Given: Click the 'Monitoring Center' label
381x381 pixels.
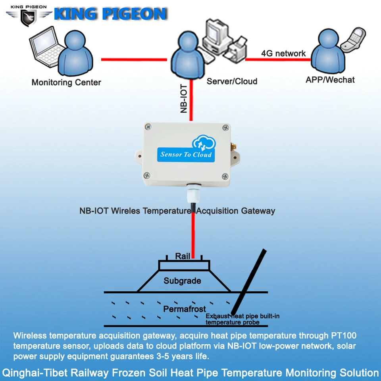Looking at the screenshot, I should point(66,83).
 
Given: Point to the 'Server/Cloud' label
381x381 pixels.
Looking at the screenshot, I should point(232,81).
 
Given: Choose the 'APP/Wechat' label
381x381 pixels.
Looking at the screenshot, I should point(330,80).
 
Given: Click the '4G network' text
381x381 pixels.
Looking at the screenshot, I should point(283,53).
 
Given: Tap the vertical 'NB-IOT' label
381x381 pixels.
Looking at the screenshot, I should point(184,99).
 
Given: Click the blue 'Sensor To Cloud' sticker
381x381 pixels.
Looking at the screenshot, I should point(186,154).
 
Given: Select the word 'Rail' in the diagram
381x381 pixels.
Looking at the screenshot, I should point(183,256).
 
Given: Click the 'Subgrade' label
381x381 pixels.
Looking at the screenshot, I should point(183,281).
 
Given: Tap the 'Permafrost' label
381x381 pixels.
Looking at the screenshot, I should point(185,309).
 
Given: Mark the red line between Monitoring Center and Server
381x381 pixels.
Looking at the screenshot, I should point(134,60).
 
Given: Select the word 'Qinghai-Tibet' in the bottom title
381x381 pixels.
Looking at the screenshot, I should point(28,373).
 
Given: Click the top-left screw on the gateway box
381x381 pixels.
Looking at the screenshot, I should point(148,127).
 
